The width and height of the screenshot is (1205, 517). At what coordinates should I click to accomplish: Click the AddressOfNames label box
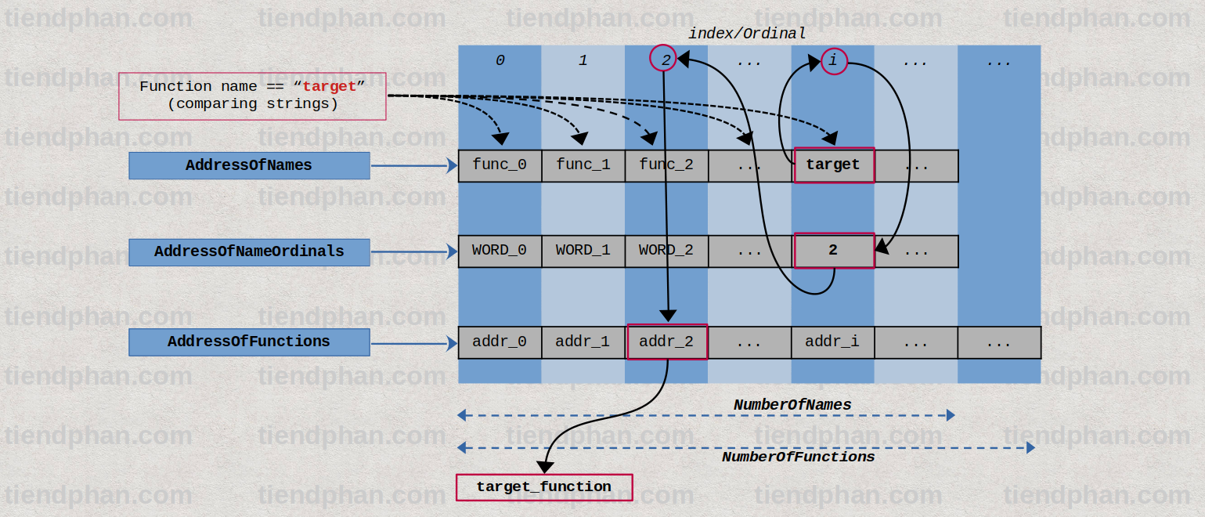click(249, 165)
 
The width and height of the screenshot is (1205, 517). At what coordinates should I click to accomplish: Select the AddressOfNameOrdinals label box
click(249, 251)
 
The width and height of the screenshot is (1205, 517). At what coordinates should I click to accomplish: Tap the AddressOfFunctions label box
click(249, 342)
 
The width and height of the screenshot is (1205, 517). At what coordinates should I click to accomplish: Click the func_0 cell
click(500, 165)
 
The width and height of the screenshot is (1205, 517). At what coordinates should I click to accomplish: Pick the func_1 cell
click(583, 165)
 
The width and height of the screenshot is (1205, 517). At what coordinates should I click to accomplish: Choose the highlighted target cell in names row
click(833, 165)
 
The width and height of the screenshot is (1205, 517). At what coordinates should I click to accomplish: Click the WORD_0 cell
click(500, 251)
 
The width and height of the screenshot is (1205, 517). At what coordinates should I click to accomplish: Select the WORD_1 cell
click(583, 251)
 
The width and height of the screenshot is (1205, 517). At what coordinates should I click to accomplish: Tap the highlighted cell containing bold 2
click(833, 251)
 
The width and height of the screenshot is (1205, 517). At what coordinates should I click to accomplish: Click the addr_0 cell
click(500, 342)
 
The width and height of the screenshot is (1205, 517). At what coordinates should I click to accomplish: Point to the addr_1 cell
click(583, 342)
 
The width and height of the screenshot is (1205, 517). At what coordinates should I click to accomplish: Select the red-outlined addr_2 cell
click(667, 342)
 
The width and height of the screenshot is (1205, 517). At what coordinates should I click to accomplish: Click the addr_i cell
click(832, 342)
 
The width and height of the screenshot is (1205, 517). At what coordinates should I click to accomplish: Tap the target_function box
click(544, 487)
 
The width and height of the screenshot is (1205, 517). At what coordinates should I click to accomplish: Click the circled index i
click(834, 61)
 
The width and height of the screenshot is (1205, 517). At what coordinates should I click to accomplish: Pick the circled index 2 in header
click(664, 60)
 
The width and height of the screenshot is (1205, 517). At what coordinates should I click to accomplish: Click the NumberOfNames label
click(792, 405)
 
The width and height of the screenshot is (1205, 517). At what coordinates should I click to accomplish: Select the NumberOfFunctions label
click(798, 457)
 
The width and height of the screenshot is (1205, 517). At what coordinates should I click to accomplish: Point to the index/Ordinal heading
click(747, 34)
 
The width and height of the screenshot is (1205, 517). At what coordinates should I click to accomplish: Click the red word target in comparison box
click(330, 86)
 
